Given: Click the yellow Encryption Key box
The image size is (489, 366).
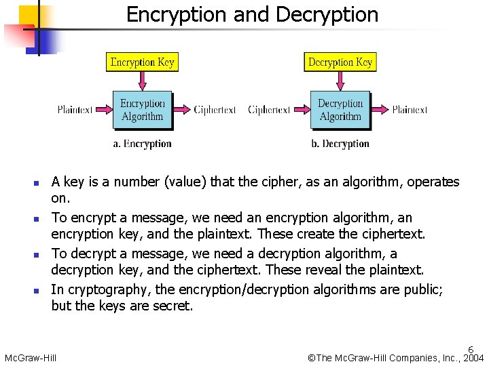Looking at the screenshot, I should (x=142, y=62).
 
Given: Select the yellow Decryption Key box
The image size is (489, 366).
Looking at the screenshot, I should (x=340, y=62).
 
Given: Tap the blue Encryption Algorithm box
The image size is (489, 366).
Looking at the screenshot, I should (x=142, y=110).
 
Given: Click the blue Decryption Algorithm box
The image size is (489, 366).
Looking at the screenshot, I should (x=340, y=110).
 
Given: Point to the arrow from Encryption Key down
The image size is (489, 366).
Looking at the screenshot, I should (x=142, y=81).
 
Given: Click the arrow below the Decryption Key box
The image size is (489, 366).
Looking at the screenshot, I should (x=340, y=81).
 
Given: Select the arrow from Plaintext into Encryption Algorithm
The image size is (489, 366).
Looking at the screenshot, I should (x=103, y=110).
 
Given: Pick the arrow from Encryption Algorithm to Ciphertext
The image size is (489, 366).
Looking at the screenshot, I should (x=181, y=110).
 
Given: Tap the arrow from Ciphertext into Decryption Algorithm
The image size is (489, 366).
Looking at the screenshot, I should (x=301, y=110).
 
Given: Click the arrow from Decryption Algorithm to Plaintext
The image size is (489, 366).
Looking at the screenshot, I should (x=380, y=110).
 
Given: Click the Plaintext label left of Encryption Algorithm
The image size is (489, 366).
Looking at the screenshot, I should (x=75, y=110).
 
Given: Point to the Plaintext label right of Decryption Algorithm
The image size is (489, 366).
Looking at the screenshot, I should (x=410, y=110).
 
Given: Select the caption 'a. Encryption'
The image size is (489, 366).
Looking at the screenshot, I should (x=142, y=144).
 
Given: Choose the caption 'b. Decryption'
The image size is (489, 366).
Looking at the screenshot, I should (x=340, y=144).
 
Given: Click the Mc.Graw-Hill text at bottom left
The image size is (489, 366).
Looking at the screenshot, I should (x=31, y=358).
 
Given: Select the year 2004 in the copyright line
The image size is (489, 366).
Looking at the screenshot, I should (x=473, y=358).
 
